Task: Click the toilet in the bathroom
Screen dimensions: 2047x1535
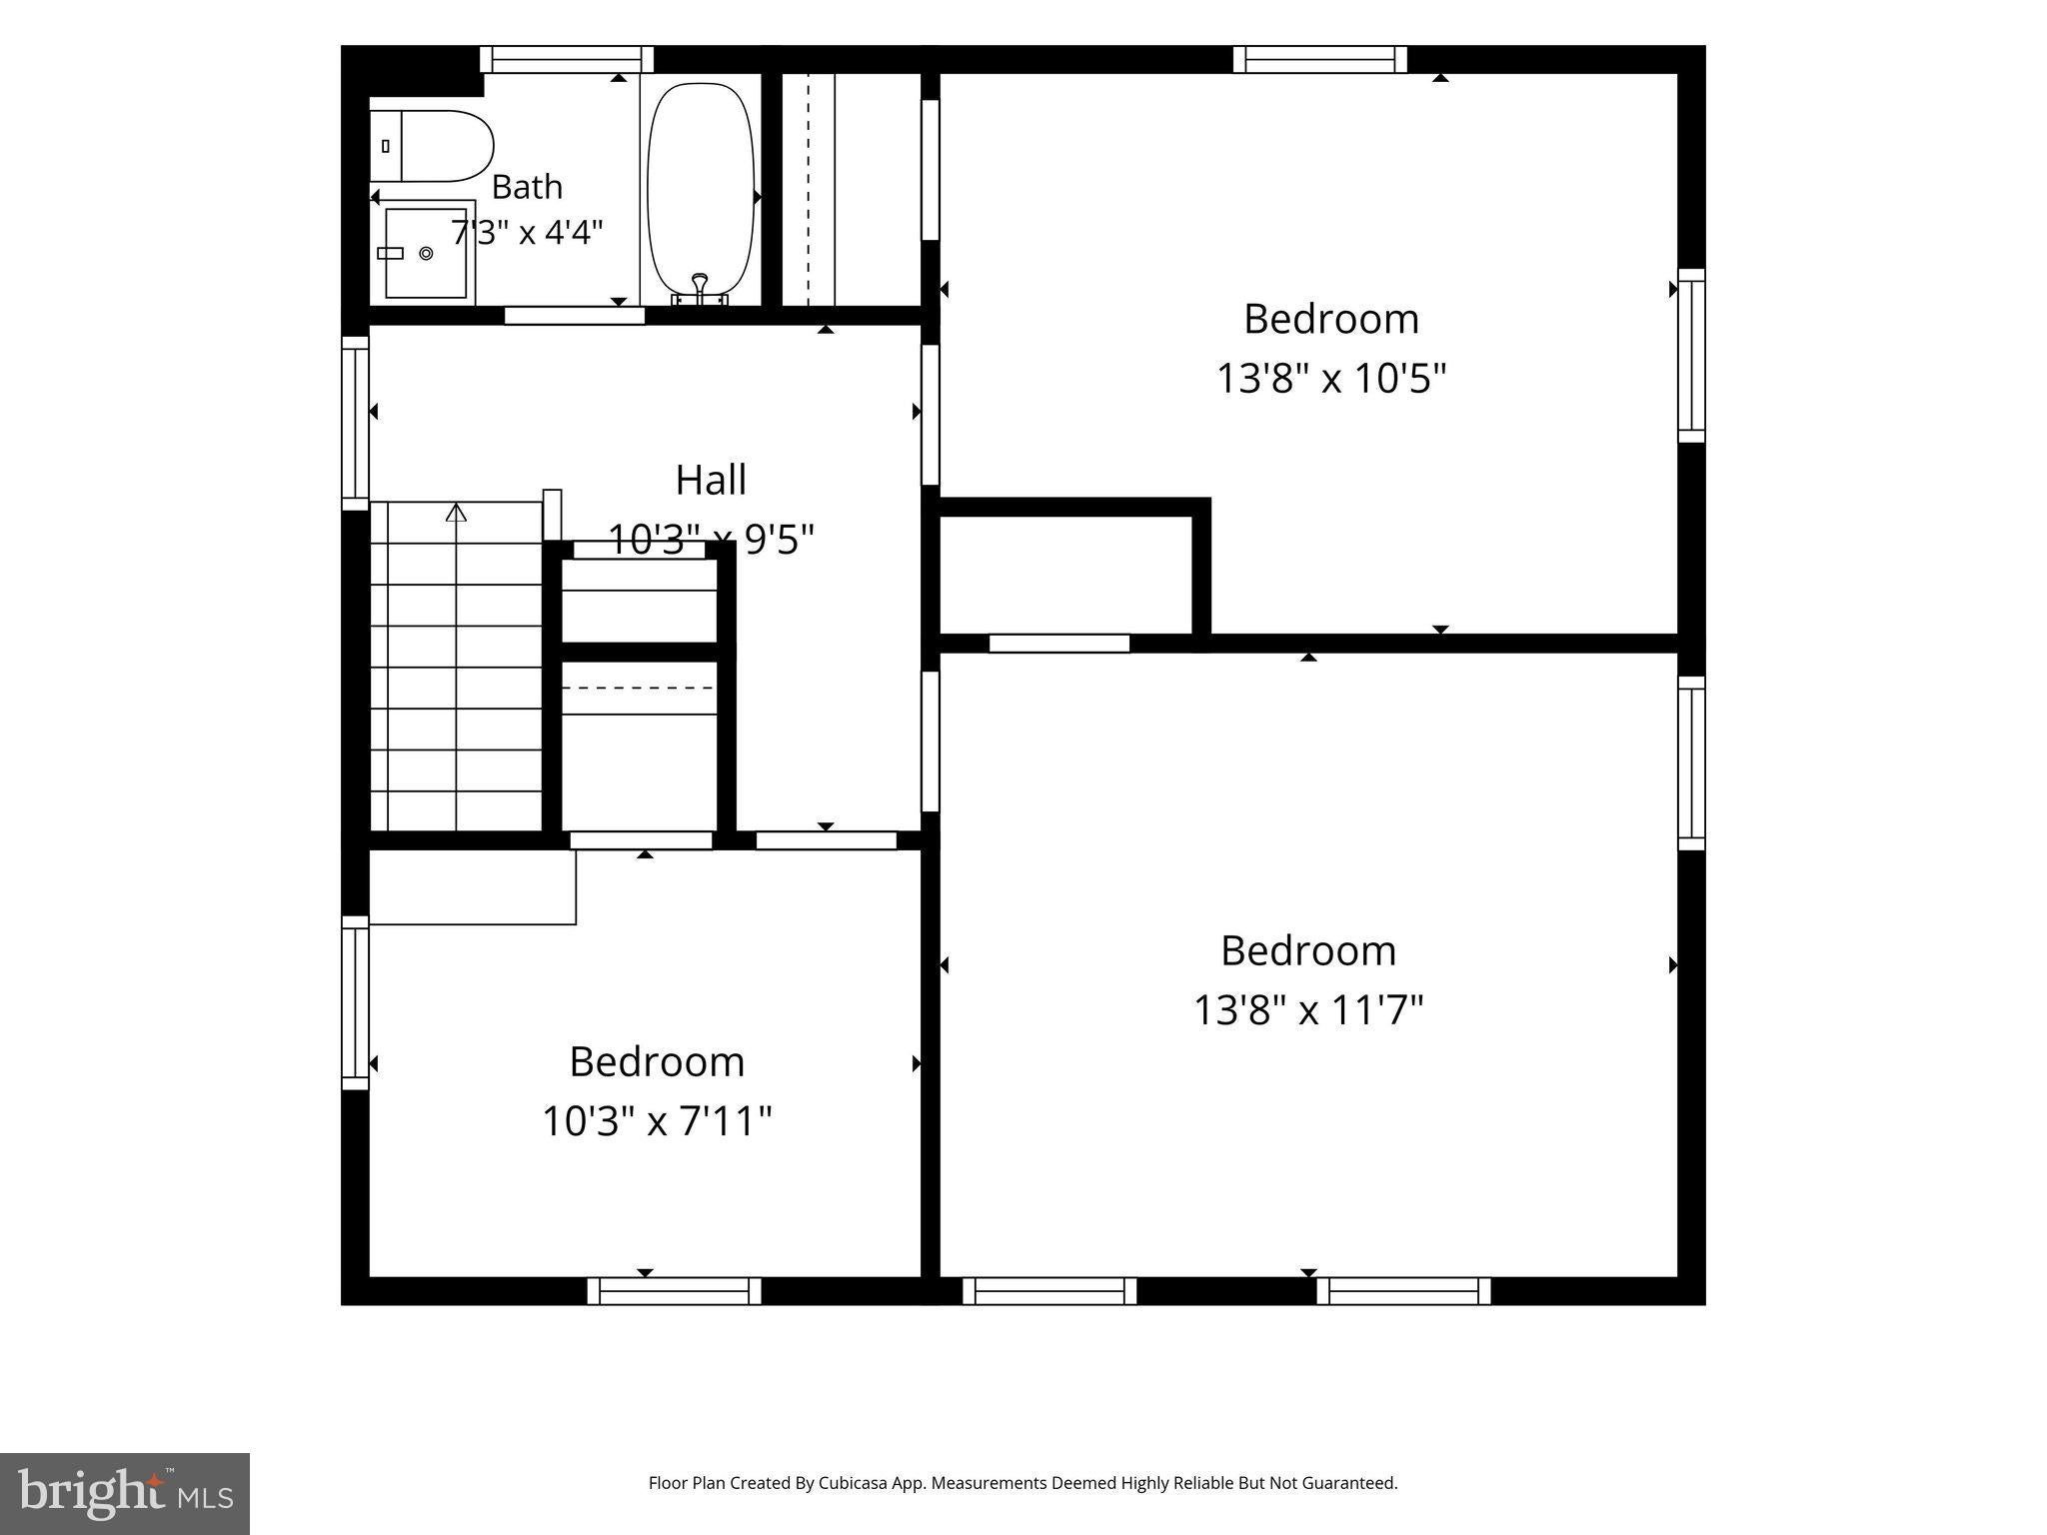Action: point(432,146)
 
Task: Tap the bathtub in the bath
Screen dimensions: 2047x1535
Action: point(701,190)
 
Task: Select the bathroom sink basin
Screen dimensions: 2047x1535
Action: point(426,253)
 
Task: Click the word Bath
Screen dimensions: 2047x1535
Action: point(527,187)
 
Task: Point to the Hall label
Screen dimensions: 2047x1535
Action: point(711,480)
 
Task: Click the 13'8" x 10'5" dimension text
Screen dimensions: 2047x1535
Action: point(1331,379)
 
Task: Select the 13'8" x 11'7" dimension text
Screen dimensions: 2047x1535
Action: point(1308,1009)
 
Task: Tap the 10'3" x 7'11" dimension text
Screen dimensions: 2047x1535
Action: point(657,1120)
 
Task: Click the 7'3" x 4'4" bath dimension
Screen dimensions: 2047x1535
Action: point(527,233)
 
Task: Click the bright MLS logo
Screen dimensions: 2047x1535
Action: point(125,1494)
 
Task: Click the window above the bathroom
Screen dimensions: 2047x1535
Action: point(567,59)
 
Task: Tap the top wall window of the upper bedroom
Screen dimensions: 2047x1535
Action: point(1319,59)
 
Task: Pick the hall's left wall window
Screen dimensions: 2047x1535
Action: point(356,423)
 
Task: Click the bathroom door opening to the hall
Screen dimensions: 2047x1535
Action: point(575,316)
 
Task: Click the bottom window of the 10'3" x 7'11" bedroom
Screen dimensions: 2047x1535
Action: point(674,1291)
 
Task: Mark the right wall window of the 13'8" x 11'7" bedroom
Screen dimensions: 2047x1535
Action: point(1691,763)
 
